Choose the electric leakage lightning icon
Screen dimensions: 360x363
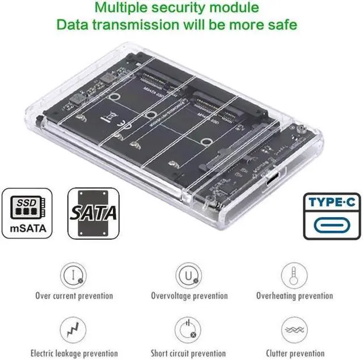pyautogui.click(x=74, y=329)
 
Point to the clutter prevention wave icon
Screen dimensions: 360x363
pyautogui.click(x=294, y=329)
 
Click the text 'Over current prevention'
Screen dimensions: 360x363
pyautogui.click(x=74, y=295)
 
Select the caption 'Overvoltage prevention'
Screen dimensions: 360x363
pyautogui.click(x=189, y=295)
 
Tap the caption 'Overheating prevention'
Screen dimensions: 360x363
pyautogui.click(x=294, y=295)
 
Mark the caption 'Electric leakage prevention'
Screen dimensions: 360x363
pyautogui.click(x=74, y=353)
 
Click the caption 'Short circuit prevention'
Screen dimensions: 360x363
pyautogui.click(x=188, y=353)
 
